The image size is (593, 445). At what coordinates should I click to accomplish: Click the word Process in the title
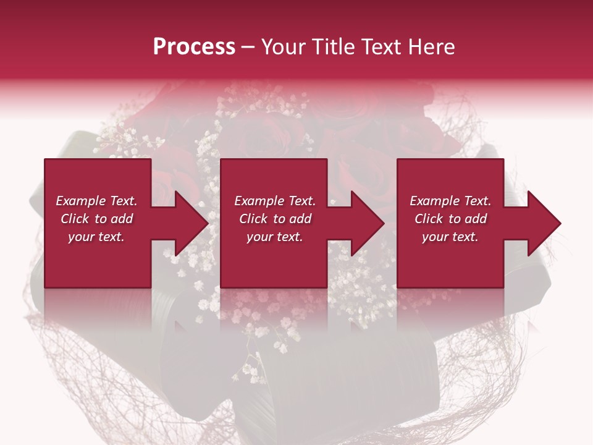coord(194,47)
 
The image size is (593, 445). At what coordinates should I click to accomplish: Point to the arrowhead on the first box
coord(188,223)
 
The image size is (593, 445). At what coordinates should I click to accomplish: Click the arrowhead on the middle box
coord(364,223)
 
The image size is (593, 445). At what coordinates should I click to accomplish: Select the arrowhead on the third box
coord(541,223)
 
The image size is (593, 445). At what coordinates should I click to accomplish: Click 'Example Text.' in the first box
coord(96,201)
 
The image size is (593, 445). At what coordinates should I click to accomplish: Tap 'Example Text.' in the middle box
coord(275,201)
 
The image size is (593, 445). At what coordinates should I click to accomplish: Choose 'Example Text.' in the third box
coord(450,201)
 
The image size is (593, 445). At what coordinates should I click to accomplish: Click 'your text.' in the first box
coord(96,237)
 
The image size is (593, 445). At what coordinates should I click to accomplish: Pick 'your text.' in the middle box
coord(275,237)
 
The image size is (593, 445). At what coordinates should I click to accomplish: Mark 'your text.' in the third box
coord(450,237)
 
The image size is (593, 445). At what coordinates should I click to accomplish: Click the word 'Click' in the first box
coord(75,219)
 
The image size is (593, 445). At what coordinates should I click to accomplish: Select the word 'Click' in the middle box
coord(253,219)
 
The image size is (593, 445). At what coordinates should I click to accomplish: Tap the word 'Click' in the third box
coord(429,219)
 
